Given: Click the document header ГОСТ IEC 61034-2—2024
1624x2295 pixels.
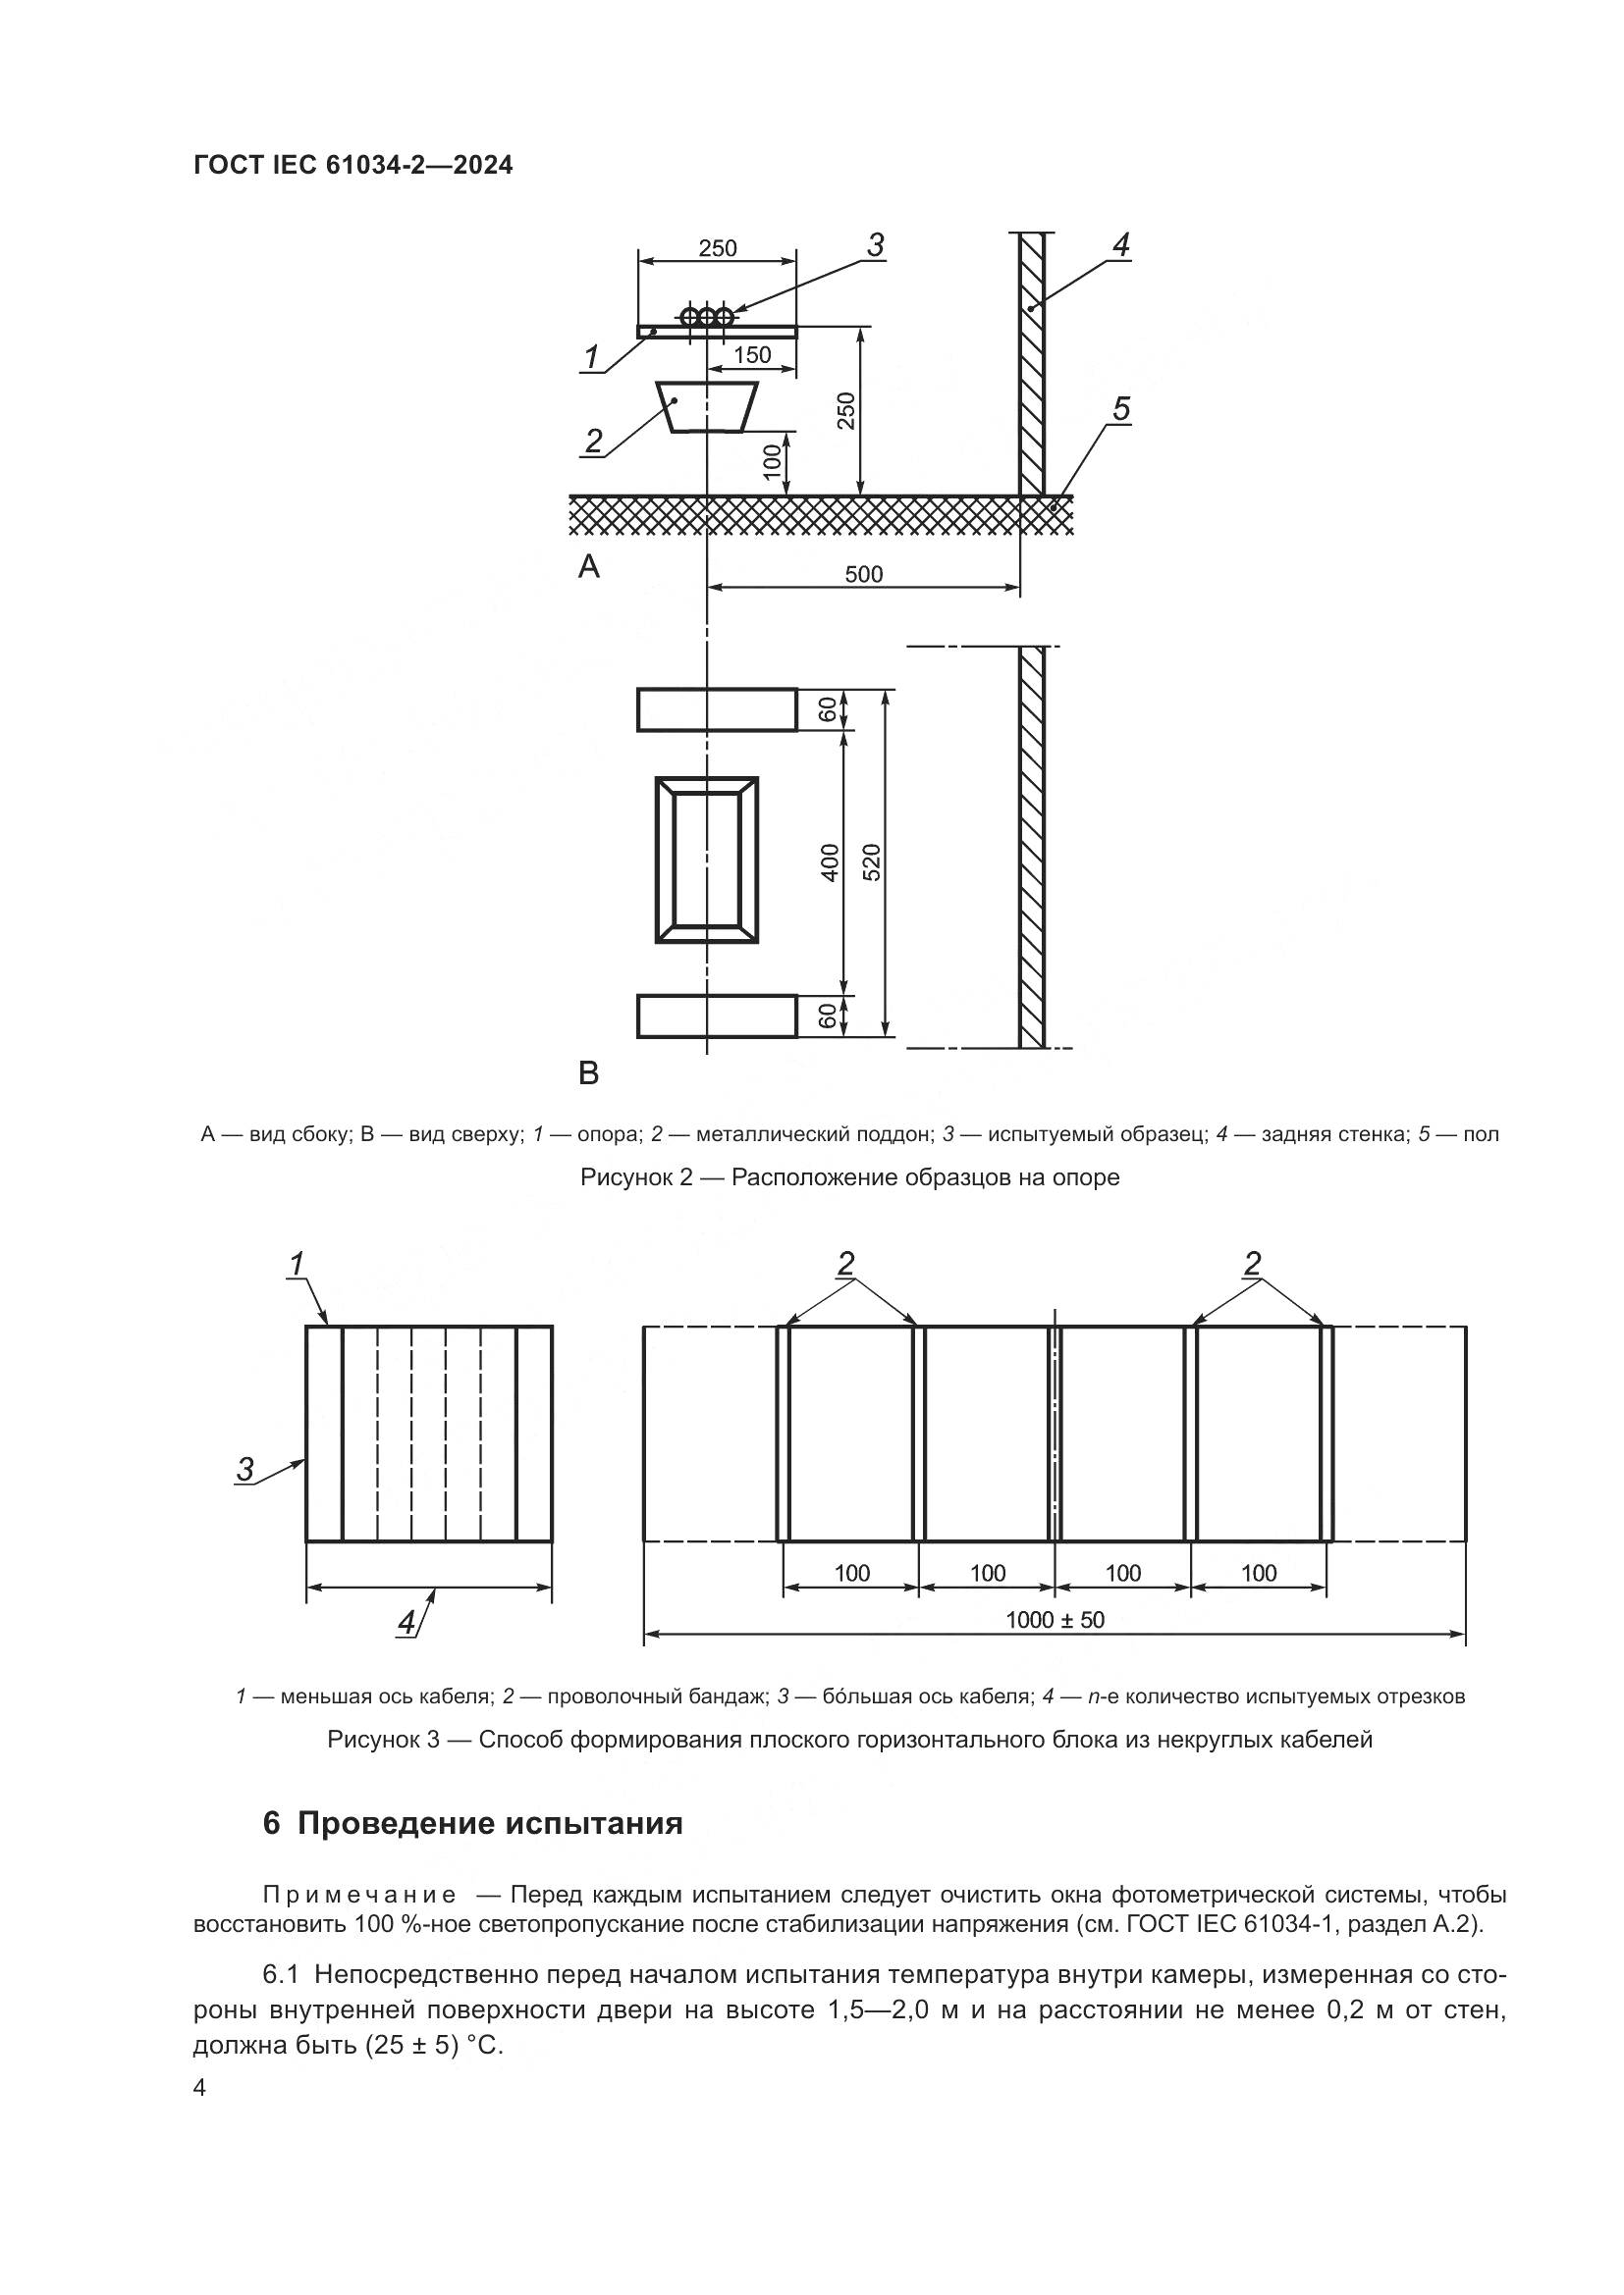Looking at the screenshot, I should tap(353, 165).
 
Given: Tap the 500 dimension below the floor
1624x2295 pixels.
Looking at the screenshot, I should tap(864, 574).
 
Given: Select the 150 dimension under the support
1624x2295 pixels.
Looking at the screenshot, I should tap(752, 355).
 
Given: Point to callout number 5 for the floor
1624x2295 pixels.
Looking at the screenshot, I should tap(1121, 409).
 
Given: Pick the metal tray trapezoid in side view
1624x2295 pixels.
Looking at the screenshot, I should tap(707, 407).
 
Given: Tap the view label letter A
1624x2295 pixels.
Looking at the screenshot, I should tap(589, 568).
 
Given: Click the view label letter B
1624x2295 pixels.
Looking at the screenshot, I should tap(589, 1073).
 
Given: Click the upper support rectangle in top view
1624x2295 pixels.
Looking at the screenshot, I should tap(717, 709).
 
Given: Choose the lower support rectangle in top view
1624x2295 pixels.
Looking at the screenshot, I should tap(717, 1017).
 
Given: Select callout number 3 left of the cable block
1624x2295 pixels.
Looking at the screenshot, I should tap(245, 1469).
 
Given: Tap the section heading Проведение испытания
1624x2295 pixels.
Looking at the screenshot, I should tap(490, 1823).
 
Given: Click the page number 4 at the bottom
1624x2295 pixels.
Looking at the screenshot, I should tap(200, 2088).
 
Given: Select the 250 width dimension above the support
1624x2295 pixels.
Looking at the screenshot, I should tap(718, 248).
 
